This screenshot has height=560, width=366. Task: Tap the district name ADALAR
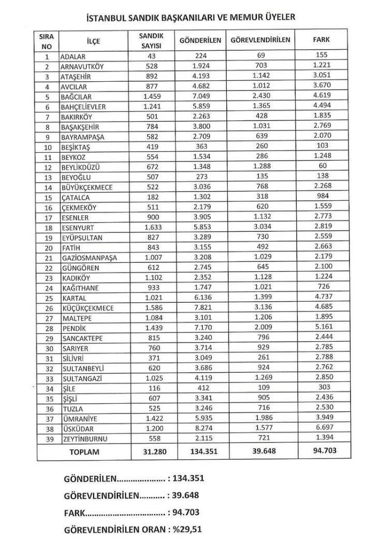click(x=74, y=56)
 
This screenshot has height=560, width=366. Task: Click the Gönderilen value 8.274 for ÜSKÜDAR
click(x=199, y=429)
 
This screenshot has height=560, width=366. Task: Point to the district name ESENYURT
click(x=79, y=228)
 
